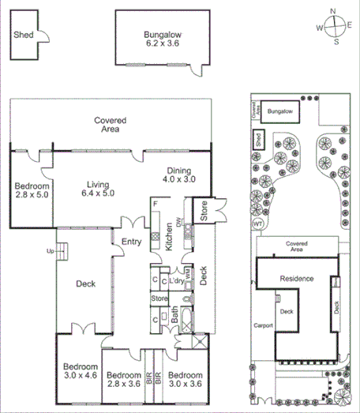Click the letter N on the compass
click(334, 10)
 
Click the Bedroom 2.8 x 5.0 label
click(32, 192)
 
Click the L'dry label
click(176, 281)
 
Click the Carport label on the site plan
click(263, 324)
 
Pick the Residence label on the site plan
click(297, 279)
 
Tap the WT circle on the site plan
click(257, 224)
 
